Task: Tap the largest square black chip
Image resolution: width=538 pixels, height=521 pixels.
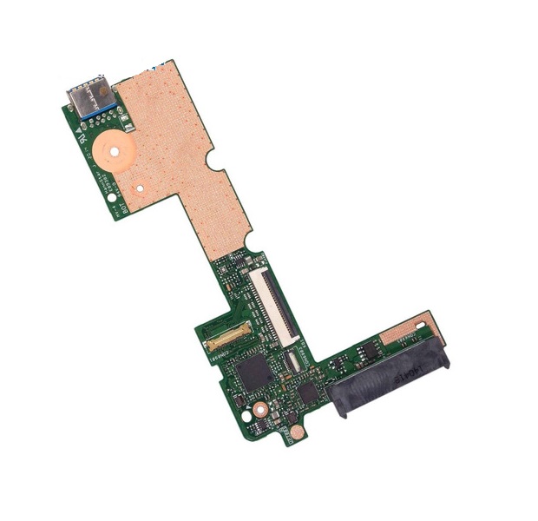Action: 253,373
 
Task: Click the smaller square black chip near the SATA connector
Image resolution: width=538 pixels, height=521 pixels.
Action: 308,392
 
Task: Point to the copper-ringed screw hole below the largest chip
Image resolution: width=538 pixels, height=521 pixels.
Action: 259,408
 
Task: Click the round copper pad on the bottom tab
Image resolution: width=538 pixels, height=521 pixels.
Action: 295,429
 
